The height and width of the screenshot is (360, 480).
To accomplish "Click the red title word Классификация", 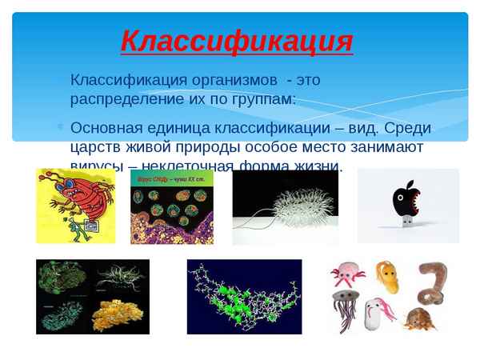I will [236, 40].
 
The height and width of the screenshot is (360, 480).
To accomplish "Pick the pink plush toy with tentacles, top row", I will [349, 277].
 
